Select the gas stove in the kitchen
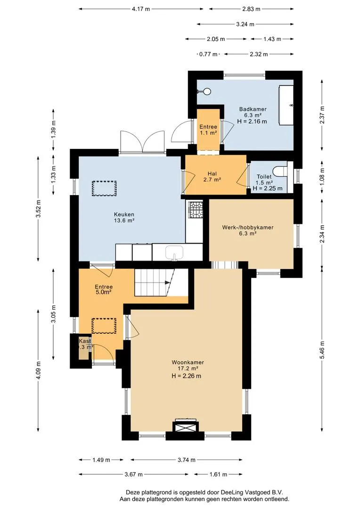(x=196, y=210)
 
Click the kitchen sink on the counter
(x=175, y=253)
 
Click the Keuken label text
(x=124, y=214)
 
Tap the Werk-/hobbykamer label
(x=248, y=227)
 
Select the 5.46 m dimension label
(x=322, y=350)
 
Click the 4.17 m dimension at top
(x=141, y=9)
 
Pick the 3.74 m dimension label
(x=186, y=460)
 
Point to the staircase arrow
(x=168, y=282)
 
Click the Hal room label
(x=213, y=173)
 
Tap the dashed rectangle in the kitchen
(x=104, y=188)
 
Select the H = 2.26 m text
(x=186, y=376)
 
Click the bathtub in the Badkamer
(x=286, y=105)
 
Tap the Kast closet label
(x=85, y=341)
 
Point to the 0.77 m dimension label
(x=208, y=54)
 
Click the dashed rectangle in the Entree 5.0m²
(x=104, y=326)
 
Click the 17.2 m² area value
(x=188, y=369)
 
